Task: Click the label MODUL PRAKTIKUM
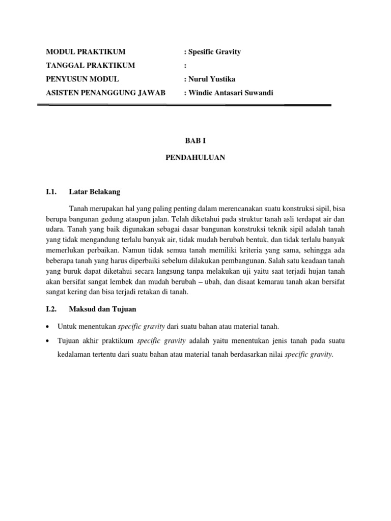point(86,52)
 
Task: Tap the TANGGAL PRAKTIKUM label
point(91,65)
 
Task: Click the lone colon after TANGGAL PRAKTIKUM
point(185,66)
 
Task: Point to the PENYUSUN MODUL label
point(82,79)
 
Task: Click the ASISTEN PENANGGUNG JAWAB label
point(106,92)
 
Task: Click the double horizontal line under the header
point(184,105)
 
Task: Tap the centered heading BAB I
point(195,139)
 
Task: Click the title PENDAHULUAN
point(195,158)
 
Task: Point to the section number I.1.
point(50,192)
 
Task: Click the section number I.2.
point(50,309)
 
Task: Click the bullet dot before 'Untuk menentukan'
point(47,326)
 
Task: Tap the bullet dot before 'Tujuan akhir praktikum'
point(47,340)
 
